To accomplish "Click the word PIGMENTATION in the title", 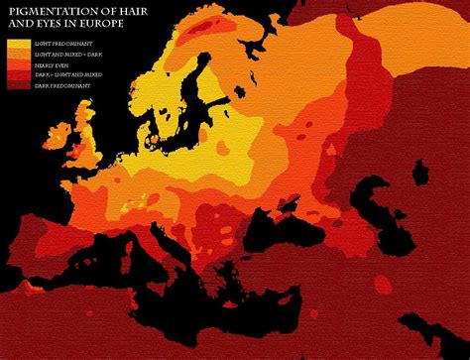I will (x=46, y=11).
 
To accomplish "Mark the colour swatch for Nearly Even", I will (x=18, y=64).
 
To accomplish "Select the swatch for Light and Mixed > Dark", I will (x=18, y=55).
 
